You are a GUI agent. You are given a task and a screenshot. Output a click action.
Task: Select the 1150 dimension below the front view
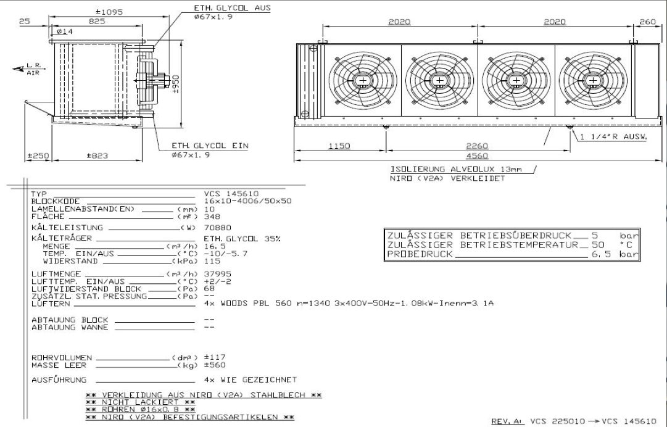339,146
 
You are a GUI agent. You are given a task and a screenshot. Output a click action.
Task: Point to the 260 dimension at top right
647,22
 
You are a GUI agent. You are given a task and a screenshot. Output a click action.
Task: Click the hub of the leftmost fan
362,81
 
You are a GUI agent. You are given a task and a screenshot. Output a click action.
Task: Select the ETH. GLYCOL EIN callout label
210,146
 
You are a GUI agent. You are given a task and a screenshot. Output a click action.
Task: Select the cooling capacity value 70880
215,227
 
